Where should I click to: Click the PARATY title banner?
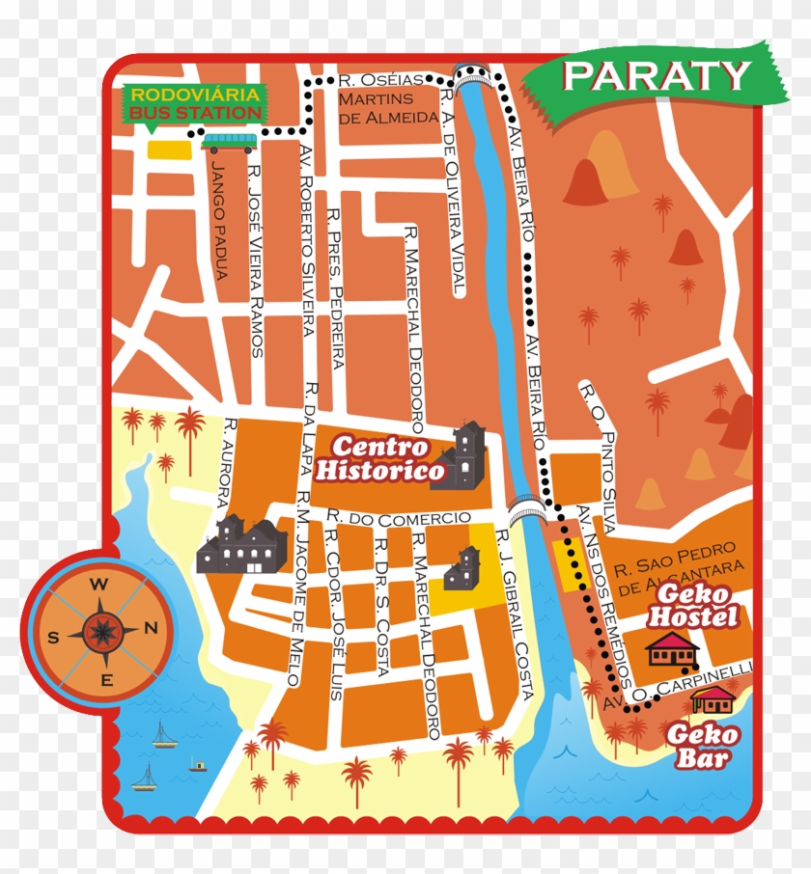point(656,75)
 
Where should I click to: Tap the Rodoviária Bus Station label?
point(195,104)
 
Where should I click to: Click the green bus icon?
point(230,144)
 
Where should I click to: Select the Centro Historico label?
point(381,459)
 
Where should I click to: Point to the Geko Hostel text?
point(693,607)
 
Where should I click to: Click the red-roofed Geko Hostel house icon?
point(673,649)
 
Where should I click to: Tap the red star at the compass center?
point(100,632)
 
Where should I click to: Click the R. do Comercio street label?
point(399,519)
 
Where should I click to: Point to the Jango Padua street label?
point(220,221)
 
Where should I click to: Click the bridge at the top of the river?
point(473,75)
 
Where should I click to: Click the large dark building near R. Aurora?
point(242,546)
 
